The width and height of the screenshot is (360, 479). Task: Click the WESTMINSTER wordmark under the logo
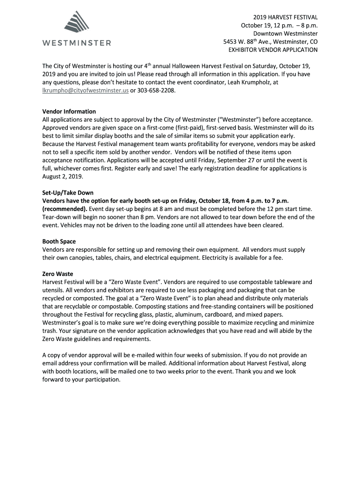pyautogui.click(x=77, y=44)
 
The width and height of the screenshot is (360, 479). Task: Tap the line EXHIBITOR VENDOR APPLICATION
pyautogui.click(x=273, y=49)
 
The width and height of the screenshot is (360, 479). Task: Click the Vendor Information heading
pyautogui.click(x=69, y=111)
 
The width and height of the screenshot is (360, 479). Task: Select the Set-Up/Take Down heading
pyautogui.click(x=68, y=193)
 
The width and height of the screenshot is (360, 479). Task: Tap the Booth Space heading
pyautogui.click(x=59, y=241)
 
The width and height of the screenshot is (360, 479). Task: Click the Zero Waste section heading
pyautogui.click(x=58, y=274)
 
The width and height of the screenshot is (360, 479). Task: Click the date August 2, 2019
pyautogui.click(x=62, y=176)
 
